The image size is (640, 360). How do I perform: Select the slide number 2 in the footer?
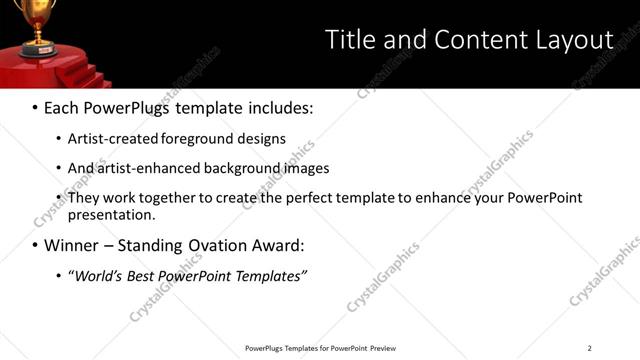(589, 348)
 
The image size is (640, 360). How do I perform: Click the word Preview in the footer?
(383, 348)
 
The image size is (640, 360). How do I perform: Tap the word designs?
(263, 139)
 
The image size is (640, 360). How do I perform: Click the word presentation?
(110, 214)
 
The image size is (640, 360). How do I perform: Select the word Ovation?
(232, 245)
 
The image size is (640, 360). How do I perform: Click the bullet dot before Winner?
(35, 245)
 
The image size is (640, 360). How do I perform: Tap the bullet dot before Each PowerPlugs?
(35, 107)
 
